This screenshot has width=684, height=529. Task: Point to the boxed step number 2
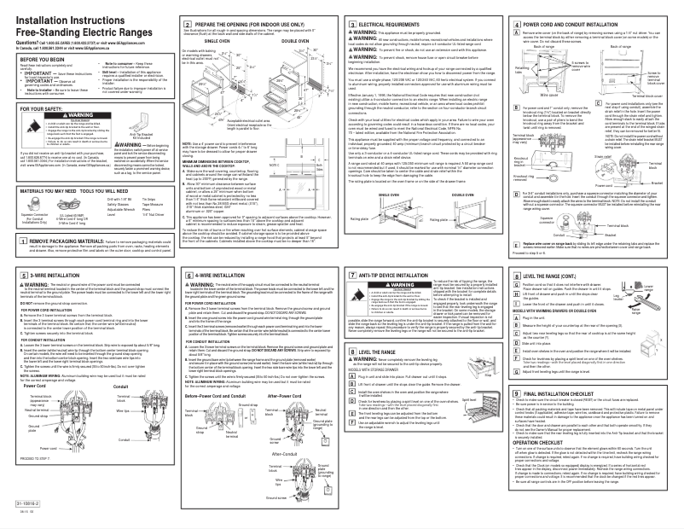(x=179, y=15)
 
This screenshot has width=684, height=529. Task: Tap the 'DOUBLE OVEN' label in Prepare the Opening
(x=294, y=40)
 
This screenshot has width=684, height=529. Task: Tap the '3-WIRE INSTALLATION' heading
(x=54, y=253)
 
